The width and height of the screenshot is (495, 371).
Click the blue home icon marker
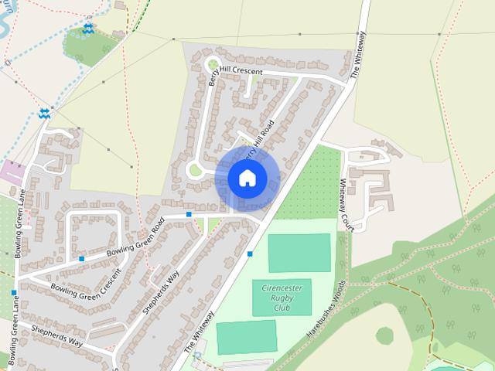247,179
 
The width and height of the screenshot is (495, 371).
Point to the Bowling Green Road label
136,240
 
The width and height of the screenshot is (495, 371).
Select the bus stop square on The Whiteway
250,254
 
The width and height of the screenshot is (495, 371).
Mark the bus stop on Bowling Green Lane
13,293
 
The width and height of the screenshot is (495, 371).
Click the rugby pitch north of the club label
299,252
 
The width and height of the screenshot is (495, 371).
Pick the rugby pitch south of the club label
246,337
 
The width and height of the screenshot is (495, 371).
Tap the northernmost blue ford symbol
88,28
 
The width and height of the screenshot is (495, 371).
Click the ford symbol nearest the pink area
44,114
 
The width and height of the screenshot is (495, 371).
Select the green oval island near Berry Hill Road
196,169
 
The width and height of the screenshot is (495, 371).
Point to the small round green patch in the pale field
384,335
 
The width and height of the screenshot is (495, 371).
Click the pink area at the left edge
12,171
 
